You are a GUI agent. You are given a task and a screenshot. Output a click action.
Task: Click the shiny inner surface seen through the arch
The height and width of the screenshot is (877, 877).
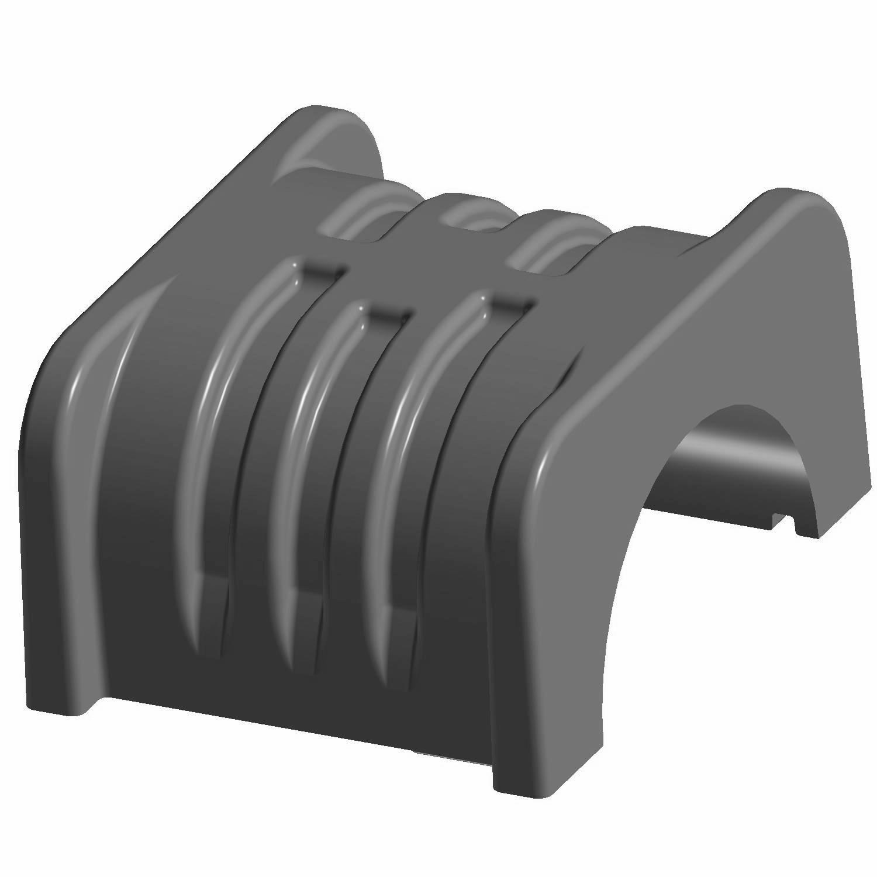719,456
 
